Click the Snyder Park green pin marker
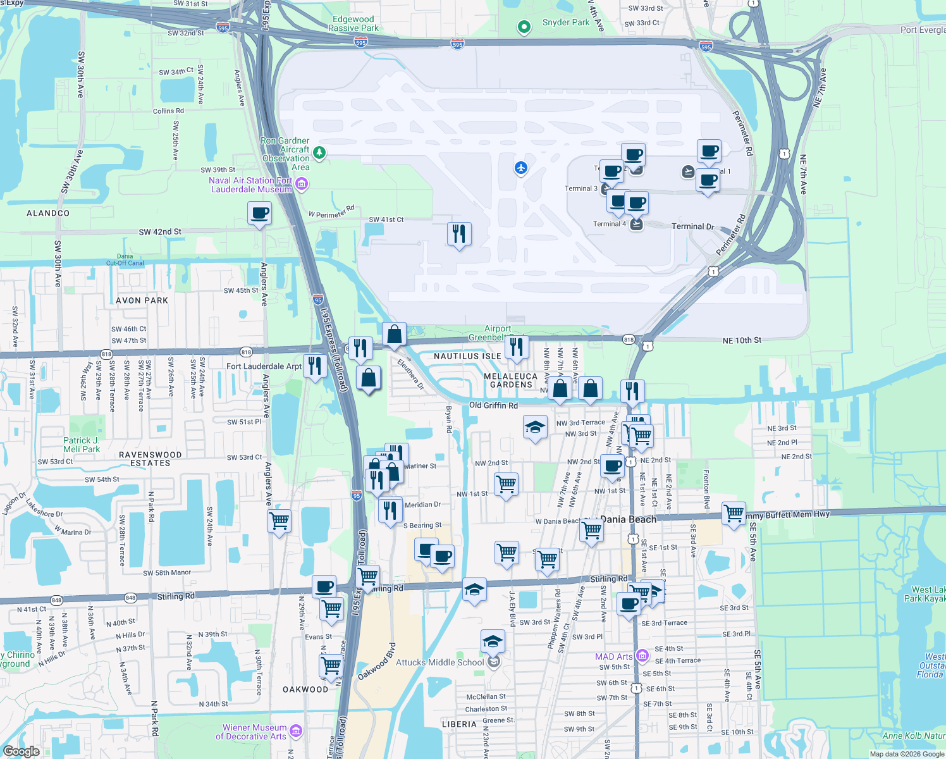tap(524, 27)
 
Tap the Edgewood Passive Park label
tap(353, 23)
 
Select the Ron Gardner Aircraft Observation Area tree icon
tap(320, 152)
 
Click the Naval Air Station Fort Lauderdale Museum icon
tap(302, 184)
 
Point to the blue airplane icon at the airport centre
tap(520, 168)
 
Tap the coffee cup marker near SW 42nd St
tap(259, 213)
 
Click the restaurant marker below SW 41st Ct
tap(459, 233)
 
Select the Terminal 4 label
tap(609, 224)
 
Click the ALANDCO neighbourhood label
tap(48, 213)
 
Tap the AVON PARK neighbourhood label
tap(142, 300)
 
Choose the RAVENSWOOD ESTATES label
tap(150, 459)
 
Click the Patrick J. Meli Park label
tap(82, 445)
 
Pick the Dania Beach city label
tap(629, 519)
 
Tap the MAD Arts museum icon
tap(642, 656)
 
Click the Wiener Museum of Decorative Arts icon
tap(295, 731)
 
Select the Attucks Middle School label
tap(439, 662)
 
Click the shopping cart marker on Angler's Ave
tap(279, 521)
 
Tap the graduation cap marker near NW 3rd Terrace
tap(535, 427)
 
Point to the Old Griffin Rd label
tap(493, 405)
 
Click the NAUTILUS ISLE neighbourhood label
tap(467, 356)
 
